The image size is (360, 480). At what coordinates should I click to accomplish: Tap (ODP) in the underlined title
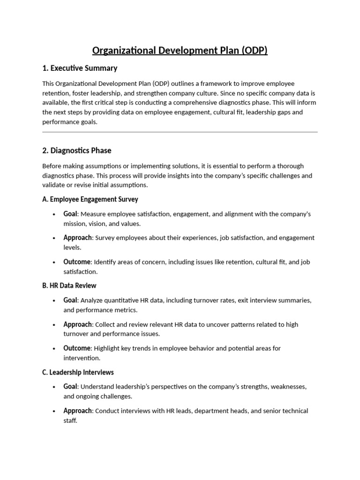pos(255,51)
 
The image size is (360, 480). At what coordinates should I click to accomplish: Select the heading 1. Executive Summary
pos(80,68)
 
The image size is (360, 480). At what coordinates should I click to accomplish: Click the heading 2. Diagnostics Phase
pos(77,151)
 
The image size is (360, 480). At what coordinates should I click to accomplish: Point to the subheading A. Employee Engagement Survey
pos(90,199)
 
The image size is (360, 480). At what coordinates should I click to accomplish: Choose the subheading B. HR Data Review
pos(69,285)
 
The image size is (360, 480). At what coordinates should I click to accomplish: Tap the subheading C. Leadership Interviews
pos(78,372)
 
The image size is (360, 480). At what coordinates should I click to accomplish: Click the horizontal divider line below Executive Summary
pos(180,132)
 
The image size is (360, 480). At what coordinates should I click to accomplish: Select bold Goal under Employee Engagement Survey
pos(70,214)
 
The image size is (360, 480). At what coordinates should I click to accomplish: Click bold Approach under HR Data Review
pos(77,324)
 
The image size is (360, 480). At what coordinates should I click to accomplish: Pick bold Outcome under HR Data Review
pos(77,348)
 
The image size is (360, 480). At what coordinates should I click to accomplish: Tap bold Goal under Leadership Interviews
pos(70,387)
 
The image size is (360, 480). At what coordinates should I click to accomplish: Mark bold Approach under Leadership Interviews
pos(77,411)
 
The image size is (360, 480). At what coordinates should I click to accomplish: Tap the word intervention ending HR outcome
pos(82,358)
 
